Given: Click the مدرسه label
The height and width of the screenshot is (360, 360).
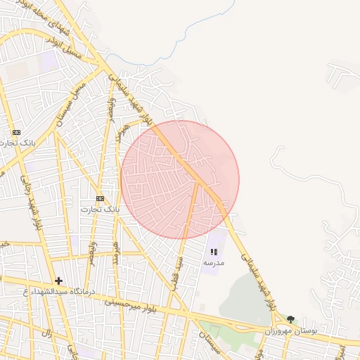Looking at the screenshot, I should pyautogui.click(x=214, y=262).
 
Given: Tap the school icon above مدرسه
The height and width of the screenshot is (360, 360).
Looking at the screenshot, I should pyautogui.click(x=214, y=251).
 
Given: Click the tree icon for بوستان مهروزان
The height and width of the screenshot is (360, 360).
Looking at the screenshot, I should pyautogui.click(x=291, y=319).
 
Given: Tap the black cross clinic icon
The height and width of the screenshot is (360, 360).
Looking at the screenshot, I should pyautogui.click(x=58, y=281).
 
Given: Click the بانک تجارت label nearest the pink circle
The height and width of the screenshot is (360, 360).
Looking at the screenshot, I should pyautogui.click(x=100, y=209).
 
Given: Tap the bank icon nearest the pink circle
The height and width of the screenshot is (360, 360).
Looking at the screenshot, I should pyautogui.click(x=100, y=198).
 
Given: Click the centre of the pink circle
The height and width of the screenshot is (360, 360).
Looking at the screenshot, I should pyautogui.click(x=180, y=179).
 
